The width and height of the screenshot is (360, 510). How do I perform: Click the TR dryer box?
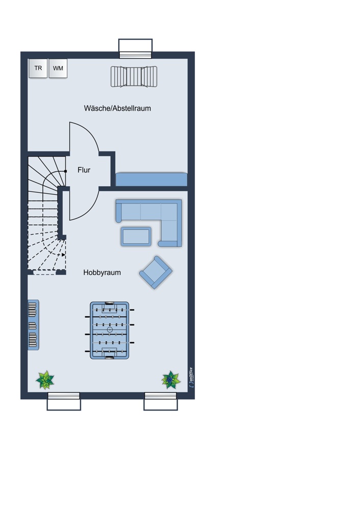click(38, 68)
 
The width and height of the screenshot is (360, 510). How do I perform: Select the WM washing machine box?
click(58, 68)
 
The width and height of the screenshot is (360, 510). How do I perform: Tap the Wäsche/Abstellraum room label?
click(117, 108)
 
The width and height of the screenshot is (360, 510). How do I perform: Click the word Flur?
click(84, 170)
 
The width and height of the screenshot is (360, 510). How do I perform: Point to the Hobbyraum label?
click(102, 272)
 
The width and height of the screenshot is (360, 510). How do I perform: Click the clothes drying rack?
click(134, 77)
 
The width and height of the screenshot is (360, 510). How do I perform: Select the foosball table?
click(110, 330)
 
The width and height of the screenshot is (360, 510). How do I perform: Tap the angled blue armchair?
click(156, 272)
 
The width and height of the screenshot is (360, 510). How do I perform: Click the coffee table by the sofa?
click(136, 237)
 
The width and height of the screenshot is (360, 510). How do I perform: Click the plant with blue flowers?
click(171, 379)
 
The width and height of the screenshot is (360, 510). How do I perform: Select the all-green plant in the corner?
click(45, 380)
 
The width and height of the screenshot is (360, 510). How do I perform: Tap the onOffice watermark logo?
click(191, 377)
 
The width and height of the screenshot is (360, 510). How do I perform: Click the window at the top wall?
click(135, 49)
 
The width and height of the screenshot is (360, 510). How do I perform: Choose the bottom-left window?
click(64, 401)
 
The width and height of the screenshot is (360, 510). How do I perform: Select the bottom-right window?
click(161, 401)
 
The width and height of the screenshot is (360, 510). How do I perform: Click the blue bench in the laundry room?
click(151, 180)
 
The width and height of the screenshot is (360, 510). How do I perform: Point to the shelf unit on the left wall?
click(33, 325)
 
